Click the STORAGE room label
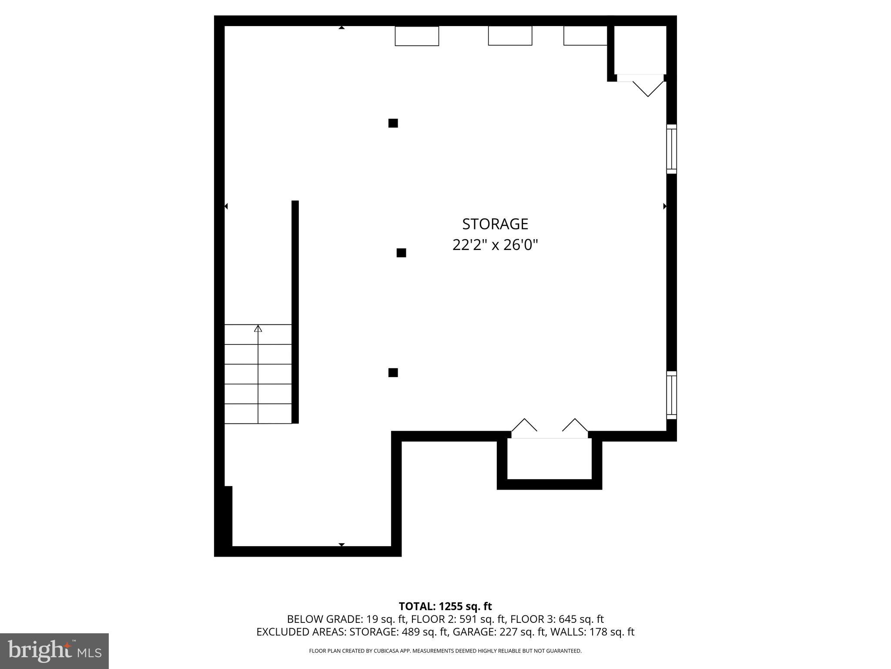coord(495,224)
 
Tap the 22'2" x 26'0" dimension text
coord(495,245)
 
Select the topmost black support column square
coord(393,123)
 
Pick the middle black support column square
coord(401,253)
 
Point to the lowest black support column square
coord(393,372)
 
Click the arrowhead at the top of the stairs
coord(258,328)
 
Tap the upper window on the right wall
coord(671,149)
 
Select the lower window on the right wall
coord(671,395)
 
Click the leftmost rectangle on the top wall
coord(417,36)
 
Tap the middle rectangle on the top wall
coord(510,36)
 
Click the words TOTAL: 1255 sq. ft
coord(445,606)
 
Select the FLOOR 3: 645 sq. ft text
coord(557,619)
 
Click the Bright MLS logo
coord(54,651)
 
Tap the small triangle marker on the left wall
coord(226,206)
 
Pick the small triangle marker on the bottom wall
coord(342,544)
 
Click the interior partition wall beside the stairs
coord(295,311)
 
